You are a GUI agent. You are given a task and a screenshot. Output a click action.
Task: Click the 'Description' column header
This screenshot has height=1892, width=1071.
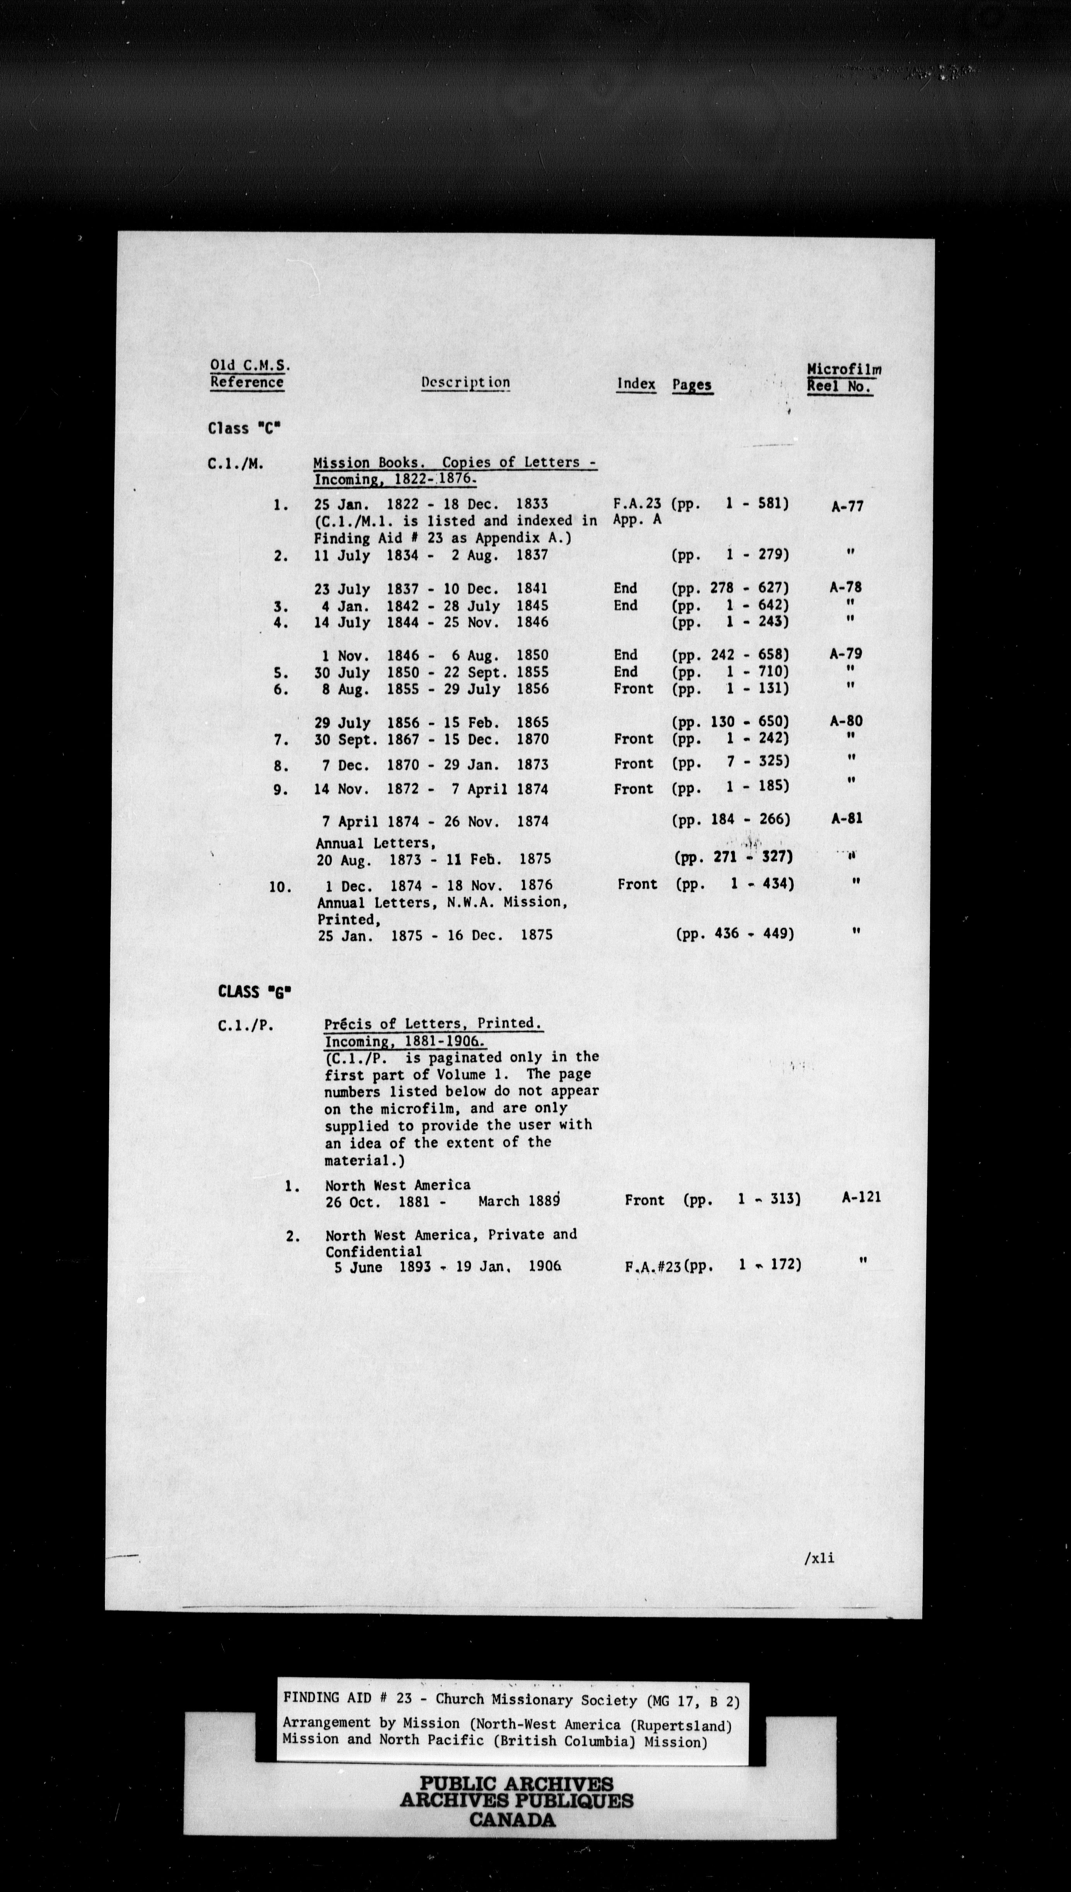(x=465, y=382)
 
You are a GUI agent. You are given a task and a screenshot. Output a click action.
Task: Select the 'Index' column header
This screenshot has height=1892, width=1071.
(x=636, y=383)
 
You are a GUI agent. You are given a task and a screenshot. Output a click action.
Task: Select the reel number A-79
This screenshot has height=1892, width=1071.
(x=845, y=653)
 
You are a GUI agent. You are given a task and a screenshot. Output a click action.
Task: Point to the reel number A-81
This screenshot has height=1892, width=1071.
(x=846, y=818)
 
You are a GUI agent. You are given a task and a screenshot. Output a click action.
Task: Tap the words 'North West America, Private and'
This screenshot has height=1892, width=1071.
(x=451, y=1234)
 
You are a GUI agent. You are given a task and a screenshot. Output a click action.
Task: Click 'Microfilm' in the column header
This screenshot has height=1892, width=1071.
(x=844, y=369)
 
